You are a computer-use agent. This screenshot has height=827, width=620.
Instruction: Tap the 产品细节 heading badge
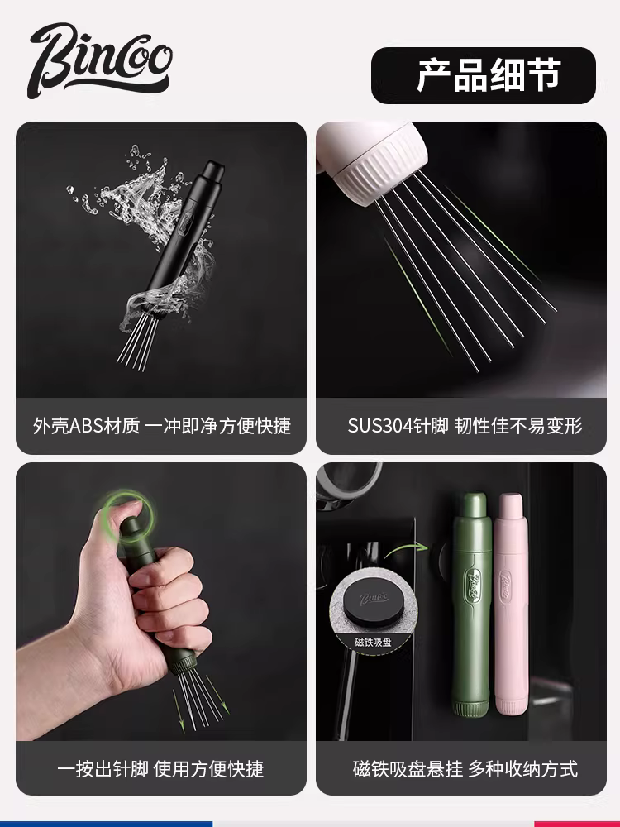(x=483, y=74)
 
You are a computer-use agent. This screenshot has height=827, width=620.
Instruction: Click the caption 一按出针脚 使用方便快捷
(x=161, y=768)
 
